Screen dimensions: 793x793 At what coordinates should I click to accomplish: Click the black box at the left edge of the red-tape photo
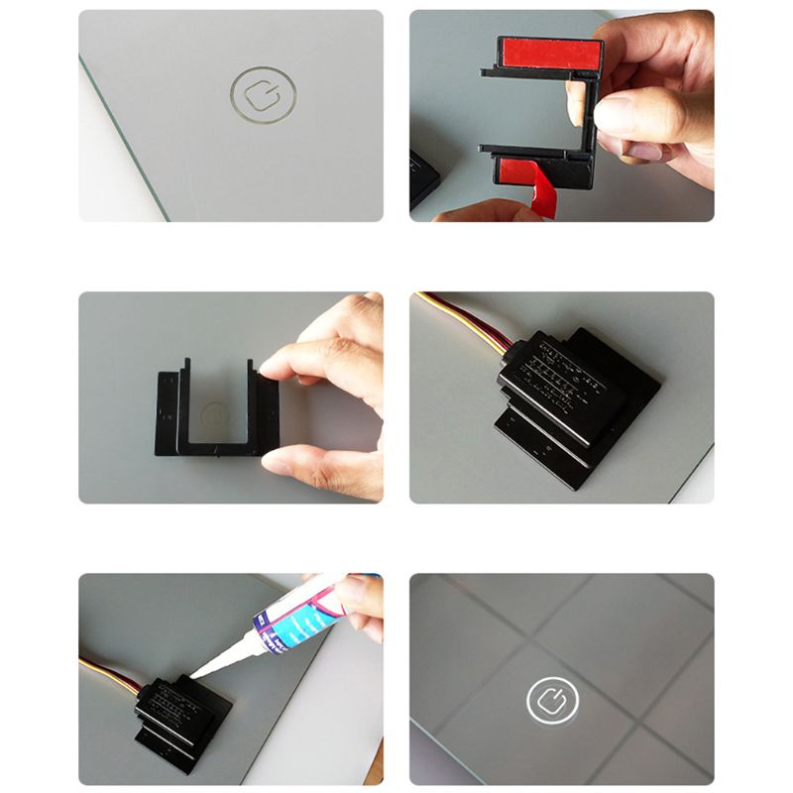pos(424,178)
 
